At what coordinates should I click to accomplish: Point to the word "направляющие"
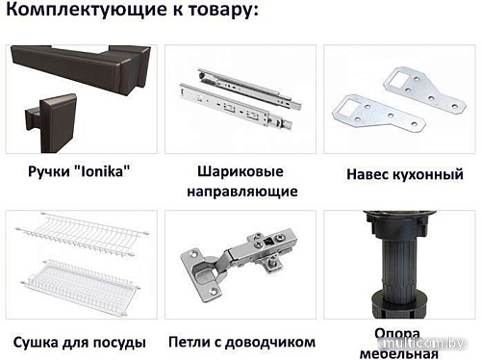click(x=240, y=191)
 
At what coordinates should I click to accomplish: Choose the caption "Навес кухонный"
click(x=399, y=175)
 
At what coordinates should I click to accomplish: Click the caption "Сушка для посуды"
click(x=80, y=342)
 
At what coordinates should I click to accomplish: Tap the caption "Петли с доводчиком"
click(x=240, y=342)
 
